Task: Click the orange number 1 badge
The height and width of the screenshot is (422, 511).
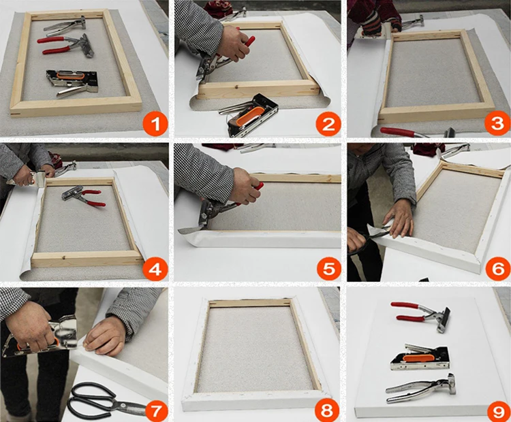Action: click(x=155, y=124)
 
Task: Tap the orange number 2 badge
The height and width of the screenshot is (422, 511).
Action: click(x=328, y=124)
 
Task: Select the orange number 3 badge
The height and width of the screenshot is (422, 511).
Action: click(x=497, y=124)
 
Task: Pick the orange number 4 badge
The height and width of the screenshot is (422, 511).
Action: click(x=155, y=269)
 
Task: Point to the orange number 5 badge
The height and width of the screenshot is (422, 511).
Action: click(x=328, y=269)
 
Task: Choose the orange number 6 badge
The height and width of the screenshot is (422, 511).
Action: click(x=497, y=269)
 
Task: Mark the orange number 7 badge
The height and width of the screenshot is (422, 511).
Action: click(x=155, y=411)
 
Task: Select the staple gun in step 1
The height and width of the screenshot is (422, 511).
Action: click(x=74, y=83)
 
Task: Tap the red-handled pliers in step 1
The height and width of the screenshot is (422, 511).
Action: click(x=65, y=45)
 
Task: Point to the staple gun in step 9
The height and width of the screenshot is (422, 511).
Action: click(x=420, y=357)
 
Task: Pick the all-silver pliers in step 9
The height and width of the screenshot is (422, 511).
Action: click(x=421, y=389)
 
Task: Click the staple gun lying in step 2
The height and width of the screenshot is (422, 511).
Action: click(x=249, y=114)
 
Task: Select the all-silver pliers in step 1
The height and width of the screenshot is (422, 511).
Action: click(x=65, y=25)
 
